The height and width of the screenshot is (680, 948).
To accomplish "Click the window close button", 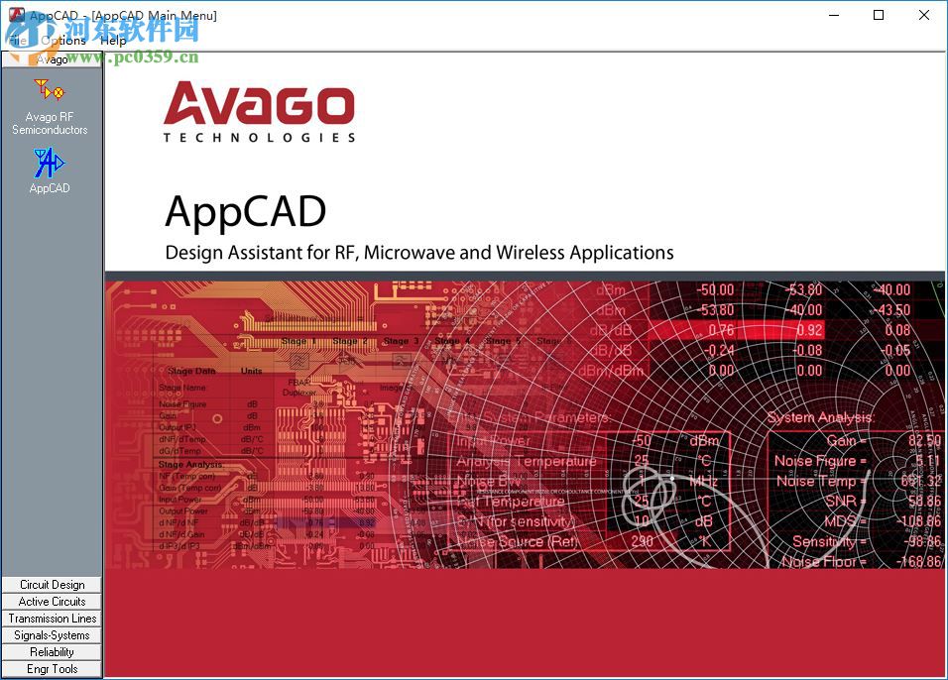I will pyautogui.click(x=924, y=15).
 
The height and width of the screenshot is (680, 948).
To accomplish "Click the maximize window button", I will pyautogui.click(x=879, y=15).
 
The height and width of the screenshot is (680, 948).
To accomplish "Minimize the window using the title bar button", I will pyautogui.click(x=833, y=15).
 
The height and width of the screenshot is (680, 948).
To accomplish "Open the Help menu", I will pyautogui.click(x=113, y=41).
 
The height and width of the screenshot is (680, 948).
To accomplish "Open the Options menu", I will pyautogui.click(x=63, y=41).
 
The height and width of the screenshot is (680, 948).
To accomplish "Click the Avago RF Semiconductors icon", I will pyautogui.click(x=50, y=106).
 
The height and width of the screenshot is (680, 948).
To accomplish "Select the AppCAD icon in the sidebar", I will pyautogui.click(x=49, y=170).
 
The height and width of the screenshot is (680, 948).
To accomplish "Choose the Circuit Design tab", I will pyautogui.click(x=53, y=585).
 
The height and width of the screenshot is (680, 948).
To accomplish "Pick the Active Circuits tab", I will pyautogui.click(x=53, y=602).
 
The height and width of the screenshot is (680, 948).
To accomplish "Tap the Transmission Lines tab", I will pyautogui.click(x=53, y=619).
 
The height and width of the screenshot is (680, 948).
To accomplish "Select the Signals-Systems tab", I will pyautogui.click(x=53, y=635).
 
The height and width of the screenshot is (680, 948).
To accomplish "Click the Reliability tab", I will pyautogui.click(x=53, y=652).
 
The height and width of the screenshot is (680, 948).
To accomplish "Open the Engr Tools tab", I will pyautogui.click(x=53, y=669).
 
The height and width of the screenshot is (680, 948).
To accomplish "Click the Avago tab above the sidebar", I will pyautogui.click(x=53, y=59).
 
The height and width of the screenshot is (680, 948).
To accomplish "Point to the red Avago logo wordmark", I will pyautogui.click(x=259, y=105).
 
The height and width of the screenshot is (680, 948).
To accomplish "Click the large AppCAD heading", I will pyautogui.click(x=246, y=211).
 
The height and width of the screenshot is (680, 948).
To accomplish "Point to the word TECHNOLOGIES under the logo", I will pyautogui.click(x=259, y=138).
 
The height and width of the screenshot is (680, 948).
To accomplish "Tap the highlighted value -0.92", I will pyautogui.click(x=809, y=330).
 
